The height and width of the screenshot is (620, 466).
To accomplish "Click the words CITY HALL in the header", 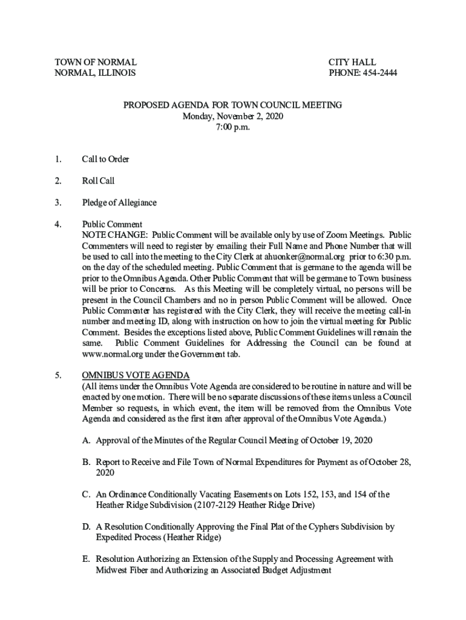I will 352,62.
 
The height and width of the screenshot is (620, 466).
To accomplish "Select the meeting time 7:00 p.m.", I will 232,127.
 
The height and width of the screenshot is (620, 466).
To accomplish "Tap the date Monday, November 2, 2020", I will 233,116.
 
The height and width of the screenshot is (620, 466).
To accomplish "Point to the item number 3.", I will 57,202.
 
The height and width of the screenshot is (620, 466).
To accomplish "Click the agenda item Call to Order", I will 105,160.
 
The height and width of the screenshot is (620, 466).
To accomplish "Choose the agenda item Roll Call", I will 98,181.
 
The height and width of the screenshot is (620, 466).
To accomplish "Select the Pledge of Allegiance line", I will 119,202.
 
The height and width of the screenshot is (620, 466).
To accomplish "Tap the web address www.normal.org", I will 113,355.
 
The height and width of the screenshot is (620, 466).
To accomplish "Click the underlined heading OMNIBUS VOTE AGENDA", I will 136,375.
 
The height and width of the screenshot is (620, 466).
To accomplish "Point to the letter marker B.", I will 87,463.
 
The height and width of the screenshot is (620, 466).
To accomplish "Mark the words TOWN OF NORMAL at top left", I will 96,62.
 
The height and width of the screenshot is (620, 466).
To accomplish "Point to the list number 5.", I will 57,375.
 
